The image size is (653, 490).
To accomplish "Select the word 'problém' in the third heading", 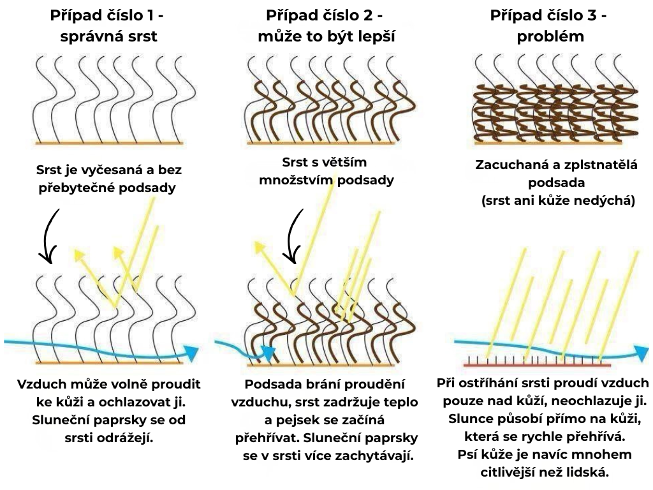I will click(550, 36).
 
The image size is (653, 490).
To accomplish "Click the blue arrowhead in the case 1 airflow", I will click(191, 352).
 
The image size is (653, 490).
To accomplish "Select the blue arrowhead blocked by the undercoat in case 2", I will click(268, 352).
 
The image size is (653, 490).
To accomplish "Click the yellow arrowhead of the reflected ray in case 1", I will click(78, 255).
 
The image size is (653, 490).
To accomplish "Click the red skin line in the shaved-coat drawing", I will click(537, 366).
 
